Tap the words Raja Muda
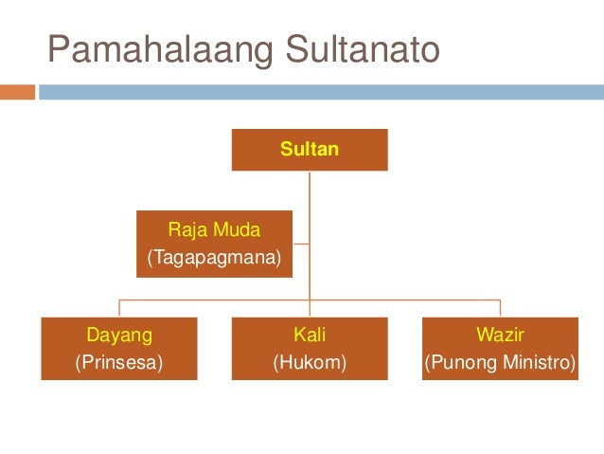(214, 229)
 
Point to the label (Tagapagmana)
(214, 257)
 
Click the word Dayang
(119, 334)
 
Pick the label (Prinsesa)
(119, 361)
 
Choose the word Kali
(310, 334)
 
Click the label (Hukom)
(310, 361)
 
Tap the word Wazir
(500, 334)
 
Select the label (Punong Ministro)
(500, 361)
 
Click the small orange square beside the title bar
(17, 92)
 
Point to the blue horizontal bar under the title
(322, 92)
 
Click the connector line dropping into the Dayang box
(119, 307)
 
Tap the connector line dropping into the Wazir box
(500, 307)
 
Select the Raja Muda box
(214, 244)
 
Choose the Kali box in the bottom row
(310, 348)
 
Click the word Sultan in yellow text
(310, 149)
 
